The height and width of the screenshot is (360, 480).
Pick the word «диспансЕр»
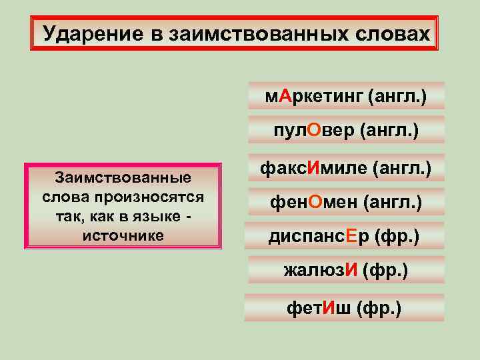coord(319,235)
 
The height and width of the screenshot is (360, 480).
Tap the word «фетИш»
coord(319,308)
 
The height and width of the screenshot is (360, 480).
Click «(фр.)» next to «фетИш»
coord(380,309)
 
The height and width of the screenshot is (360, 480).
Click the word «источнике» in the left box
coord(123,235)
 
